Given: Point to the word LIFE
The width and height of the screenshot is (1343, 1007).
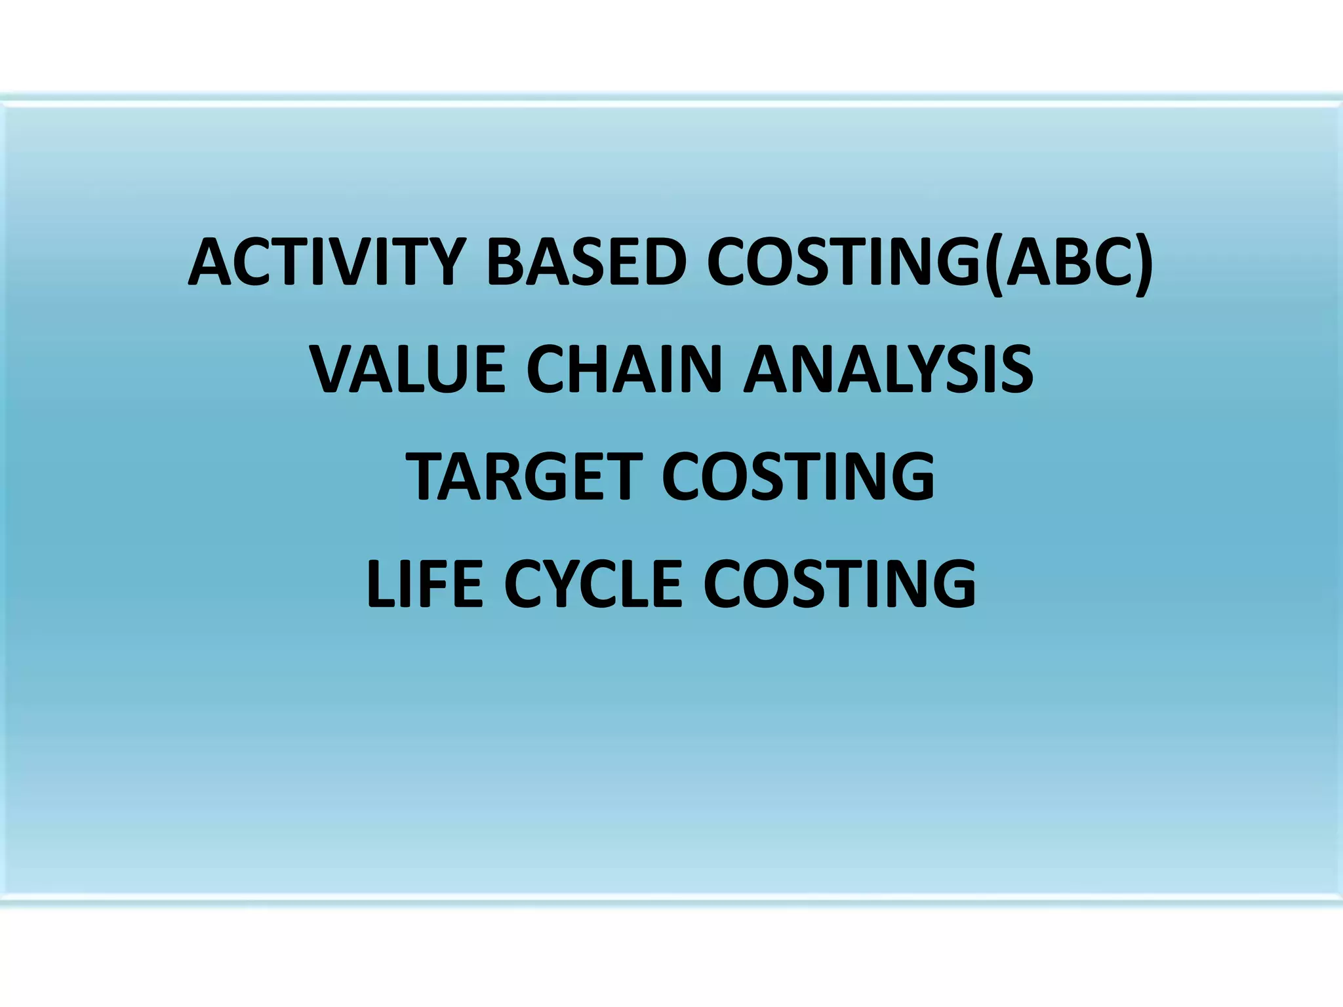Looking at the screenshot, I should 425,583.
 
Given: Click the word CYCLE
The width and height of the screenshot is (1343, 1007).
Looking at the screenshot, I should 593,583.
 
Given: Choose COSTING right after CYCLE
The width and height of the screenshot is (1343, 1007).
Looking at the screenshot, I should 839,583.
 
